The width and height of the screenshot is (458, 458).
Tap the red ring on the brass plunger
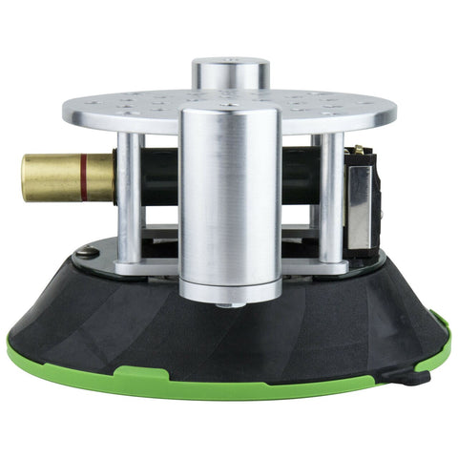click(84, 177)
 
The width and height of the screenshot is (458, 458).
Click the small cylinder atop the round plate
click(230, 73)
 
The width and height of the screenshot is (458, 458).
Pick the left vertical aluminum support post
click(130, 196)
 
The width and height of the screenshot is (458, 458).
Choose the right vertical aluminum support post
click(329, 196)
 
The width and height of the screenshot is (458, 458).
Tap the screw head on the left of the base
click(87, 252)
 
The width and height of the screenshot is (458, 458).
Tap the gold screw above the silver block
click(358, 151)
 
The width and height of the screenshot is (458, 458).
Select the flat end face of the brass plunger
click(26, 177)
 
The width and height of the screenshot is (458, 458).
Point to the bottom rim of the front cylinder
click(230, 291)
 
